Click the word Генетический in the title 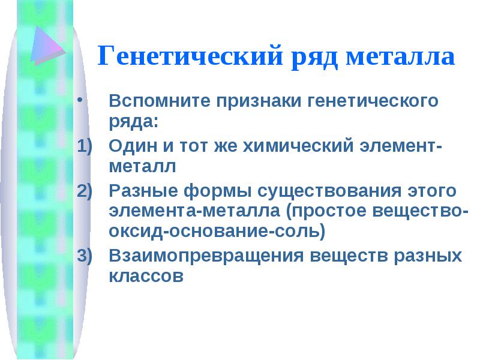[190, 55]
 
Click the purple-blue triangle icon [48, 46]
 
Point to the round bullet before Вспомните [80, 100]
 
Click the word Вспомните [160, 100]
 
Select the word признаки [259, 101]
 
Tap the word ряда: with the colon [133, 122]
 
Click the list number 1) [85, 146]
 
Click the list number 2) [85, 191]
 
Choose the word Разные [143, 190]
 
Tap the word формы [217, 191]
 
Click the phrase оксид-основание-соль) [217, 231]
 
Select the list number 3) [85, 256]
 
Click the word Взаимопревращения [206, 256]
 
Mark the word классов [146, 276]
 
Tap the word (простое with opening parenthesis [326, 211]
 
